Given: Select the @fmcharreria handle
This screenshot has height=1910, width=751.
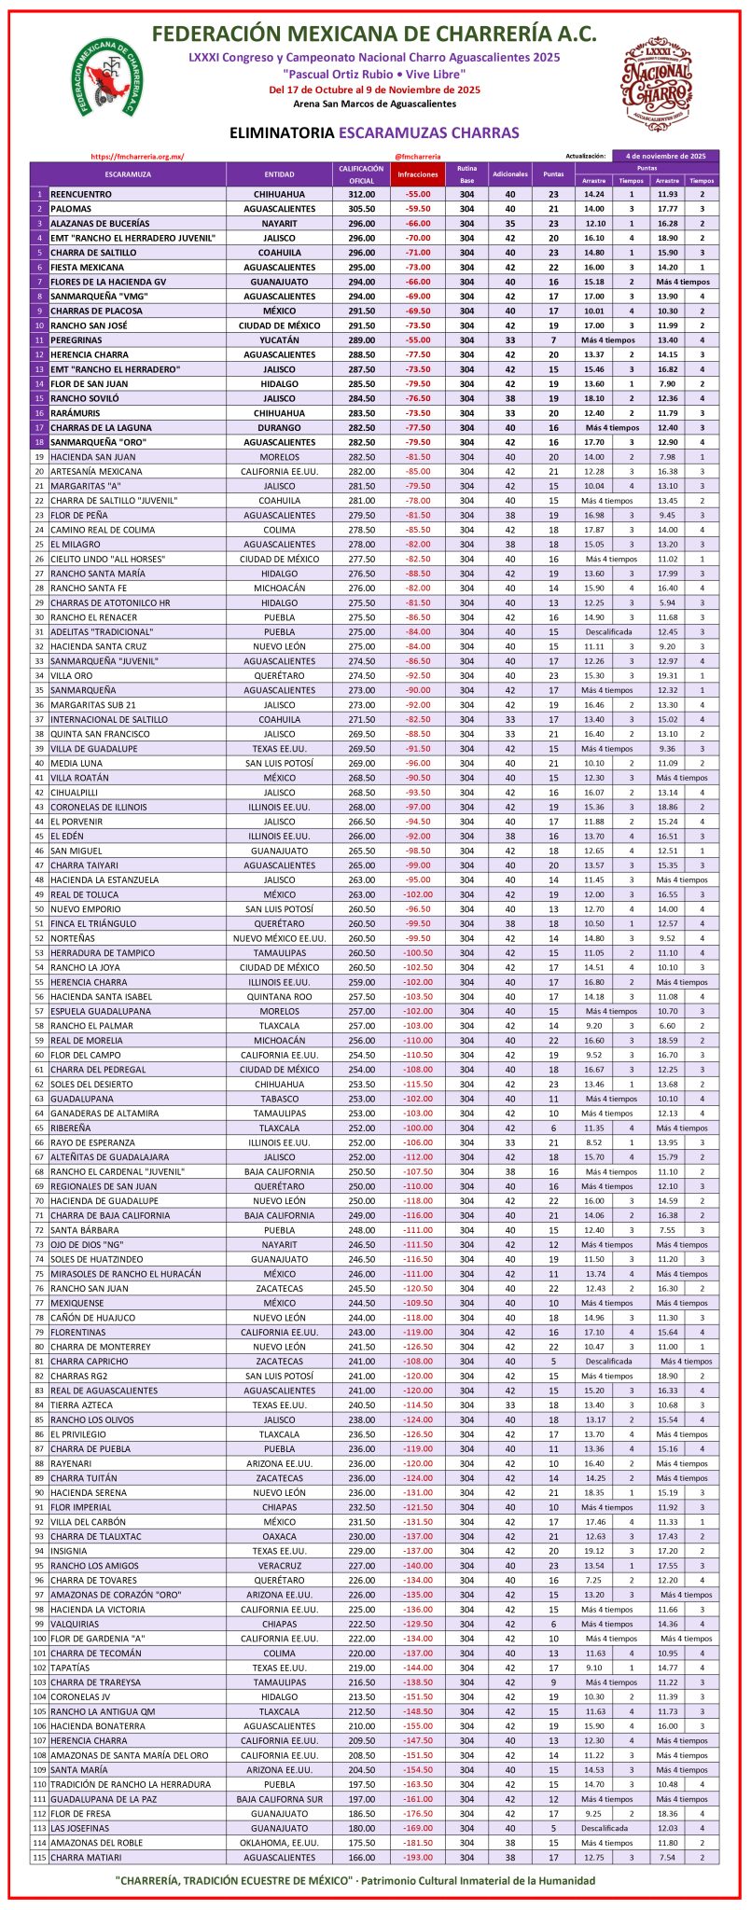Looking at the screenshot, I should pyautogui.click(x=417, y=157).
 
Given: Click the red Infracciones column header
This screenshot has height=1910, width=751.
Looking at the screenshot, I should pyautogui.click(x=417, y=174).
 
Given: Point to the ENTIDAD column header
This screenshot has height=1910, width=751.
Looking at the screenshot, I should pyautogui.click(x=279, y=174).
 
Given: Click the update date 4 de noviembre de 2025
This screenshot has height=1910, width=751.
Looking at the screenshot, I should pyautogui.click(x=665, y=156).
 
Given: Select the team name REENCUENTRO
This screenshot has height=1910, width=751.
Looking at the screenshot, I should pyautogui.click(x=81, y=195).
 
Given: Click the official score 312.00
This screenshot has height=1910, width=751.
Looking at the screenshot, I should pyautogui.click(x=361, y=195).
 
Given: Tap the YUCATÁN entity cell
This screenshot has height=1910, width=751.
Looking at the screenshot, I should pyautogui.click(x=279, y=340).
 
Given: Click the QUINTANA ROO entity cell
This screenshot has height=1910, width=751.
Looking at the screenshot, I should pyautogui.click(x=279, y=996).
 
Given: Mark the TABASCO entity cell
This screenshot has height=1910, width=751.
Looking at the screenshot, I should pyautogui.click(x=279, y=1099).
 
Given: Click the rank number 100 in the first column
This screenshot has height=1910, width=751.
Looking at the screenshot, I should pyautogui.click(x=40, y=1638).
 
